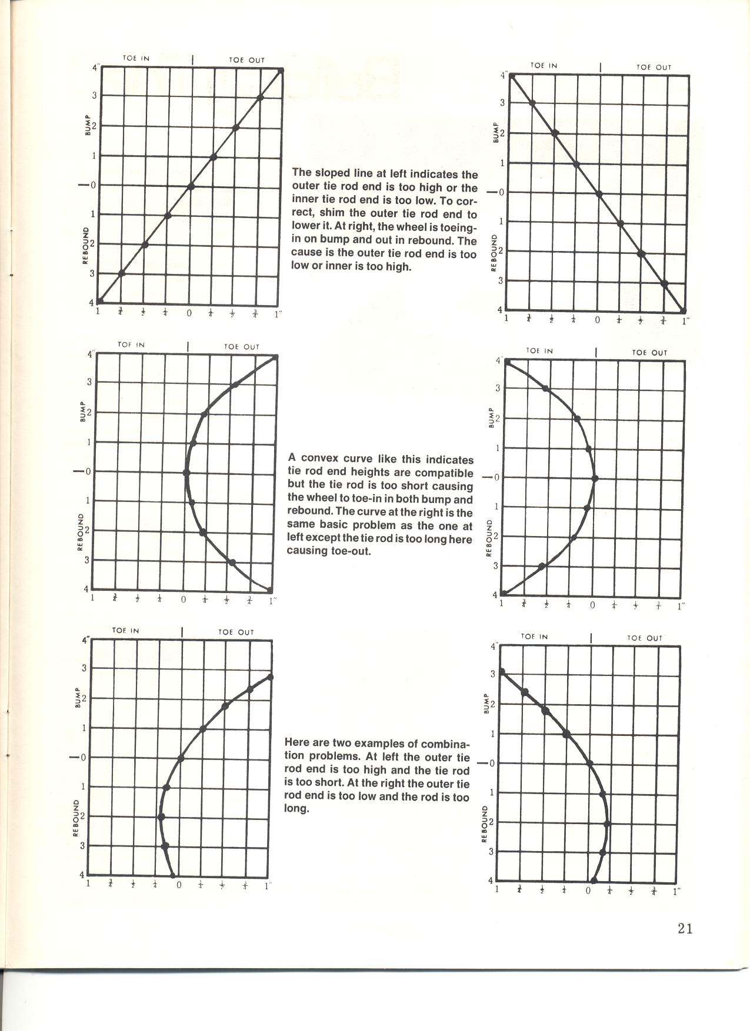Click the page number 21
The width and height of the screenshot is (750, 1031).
[685, 928]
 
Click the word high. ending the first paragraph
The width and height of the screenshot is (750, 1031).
[398, 267]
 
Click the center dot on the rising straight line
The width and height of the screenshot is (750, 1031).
[191, 186]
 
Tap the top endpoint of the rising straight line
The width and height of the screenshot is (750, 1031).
[281, 71]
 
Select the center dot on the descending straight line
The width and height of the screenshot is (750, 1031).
[599, 193]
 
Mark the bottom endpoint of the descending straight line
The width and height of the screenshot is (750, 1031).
[684, 311]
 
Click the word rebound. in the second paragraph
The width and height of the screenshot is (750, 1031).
[311, 512]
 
